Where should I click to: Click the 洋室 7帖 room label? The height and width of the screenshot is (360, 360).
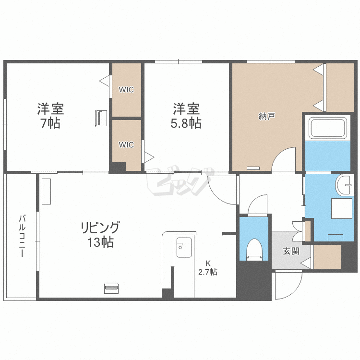[50, 116]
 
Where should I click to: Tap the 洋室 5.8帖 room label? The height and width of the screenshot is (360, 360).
[187, 116]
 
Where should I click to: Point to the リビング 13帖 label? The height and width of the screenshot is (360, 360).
[100, 234]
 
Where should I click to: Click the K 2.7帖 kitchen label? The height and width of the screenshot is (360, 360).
[208, 268]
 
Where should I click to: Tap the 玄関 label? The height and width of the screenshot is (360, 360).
[290, 251]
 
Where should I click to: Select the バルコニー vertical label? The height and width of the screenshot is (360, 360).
[22, 236]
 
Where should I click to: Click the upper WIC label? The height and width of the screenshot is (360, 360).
[126, 90]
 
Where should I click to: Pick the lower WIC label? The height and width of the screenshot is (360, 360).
[126, 144]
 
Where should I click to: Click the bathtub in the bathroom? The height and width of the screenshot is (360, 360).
[328, 128]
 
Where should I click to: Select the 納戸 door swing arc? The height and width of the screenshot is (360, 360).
[285, 159]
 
